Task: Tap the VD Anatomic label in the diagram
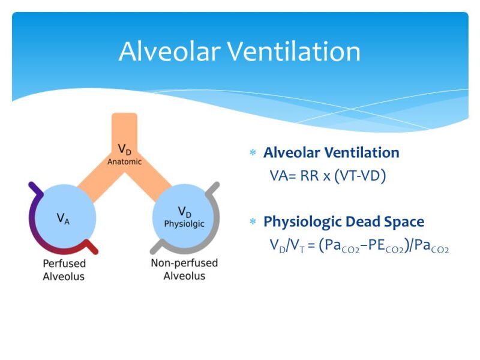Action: point(124,154)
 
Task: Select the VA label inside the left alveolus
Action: point(63,218)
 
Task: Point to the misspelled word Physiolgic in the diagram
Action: point(184,224)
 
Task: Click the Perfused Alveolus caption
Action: point(64,270)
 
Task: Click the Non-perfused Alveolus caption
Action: point(184,269)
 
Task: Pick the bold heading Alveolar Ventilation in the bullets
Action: point(331,152)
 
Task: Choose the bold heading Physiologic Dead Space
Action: point(344,222)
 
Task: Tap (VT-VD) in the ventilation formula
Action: point(359,176)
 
